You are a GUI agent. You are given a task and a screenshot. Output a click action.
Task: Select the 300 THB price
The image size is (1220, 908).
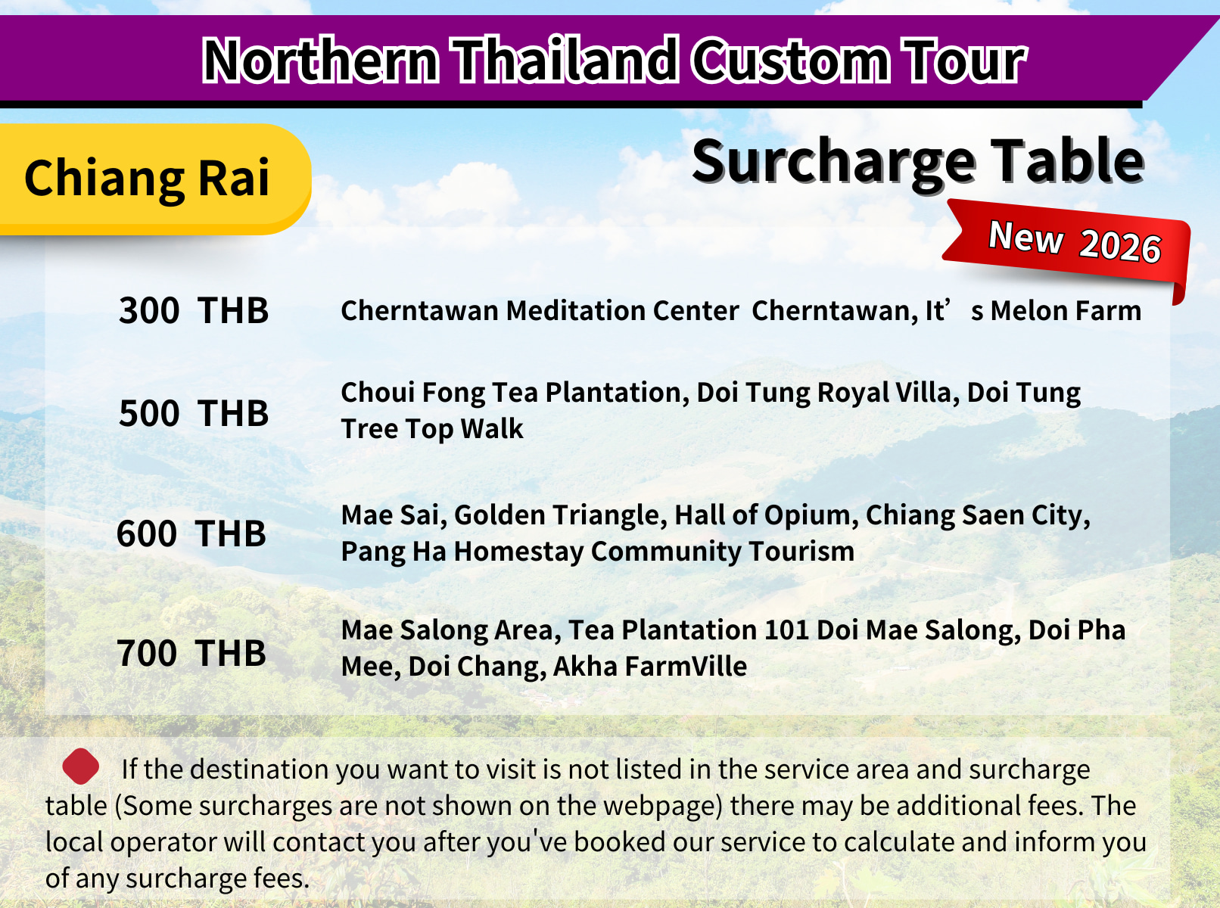pyautogui.click(x=194, y=311)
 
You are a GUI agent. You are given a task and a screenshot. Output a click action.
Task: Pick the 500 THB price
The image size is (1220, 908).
pyautogui.click(x=194, y=413)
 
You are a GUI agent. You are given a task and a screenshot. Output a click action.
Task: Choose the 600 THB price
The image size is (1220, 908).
pyautogui.click(x=191, y=533)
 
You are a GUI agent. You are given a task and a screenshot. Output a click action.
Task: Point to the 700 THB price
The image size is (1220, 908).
pyautogui.click(x=191, y=653)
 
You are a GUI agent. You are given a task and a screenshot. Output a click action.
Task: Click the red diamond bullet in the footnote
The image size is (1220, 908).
pyautogui.click(x=81, y=766)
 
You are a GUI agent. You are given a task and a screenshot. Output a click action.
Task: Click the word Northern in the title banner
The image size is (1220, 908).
pyautogui.click(x=321, y=60)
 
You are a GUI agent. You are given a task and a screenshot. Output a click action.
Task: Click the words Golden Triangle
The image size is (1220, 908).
pyautogui.click(x=561, y=515)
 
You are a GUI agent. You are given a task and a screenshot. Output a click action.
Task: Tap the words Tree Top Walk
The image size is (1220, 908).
pyautogui.click(x=432, y=429)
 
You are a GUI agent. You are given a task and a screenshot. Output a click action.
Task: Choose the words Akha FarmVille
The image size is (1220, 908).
pyautogui.click(x=650, y=666)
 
